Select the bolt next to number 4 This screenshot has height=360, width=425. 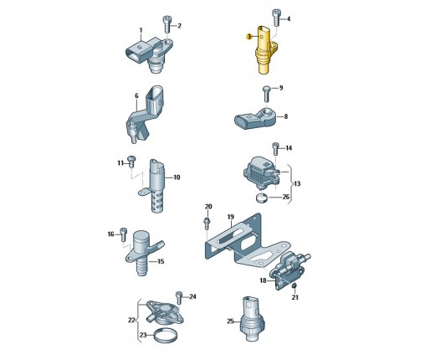276,18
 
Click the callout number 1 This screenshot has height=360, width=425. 141,30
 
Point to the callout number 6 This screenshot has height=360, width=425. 136,95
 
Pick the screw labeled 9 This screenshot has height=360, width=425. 266,94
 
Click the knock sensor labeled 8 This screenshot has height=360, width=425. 255,119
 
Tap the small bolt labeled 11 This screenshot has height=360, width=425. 131,162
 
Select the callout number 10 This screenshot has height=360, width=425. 177,177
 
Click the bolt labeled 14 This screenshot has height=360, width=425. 275,148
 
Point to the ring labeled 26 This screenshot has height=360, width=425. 262,198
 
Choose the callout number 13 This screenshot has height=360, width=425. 297,183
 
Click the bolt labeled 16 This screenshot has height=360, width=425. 123,234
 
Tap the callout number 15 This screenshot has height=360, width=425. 161,261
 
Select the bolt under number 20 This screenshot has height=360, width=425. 207,224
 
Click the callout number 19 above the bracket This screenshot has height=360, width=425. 230,217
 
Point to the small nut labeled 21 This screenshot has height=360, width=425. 294,285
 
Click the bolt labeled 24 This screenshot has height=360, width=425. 179,297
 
